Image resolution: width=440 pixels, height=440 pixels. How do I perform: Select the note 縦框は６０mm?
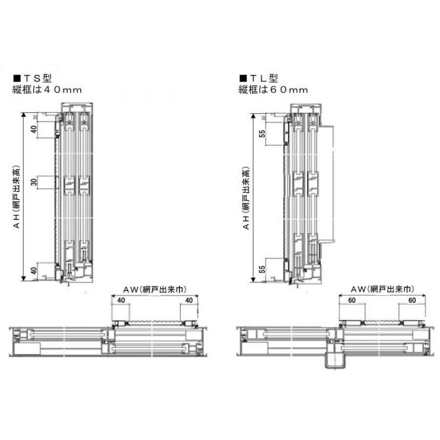[273, 89]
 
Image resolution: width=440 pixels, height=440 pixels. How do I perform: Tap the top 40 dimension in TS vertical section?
[34, 130]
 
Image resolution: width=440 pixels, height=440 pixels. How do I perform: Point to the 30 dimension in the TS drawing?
[34, 182]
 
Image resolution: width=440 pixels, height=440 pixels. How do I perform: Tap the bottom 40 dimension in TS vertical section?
[34, 270]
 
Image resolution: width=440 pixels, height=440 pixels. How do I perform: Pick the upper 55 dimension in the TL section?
[263, 133]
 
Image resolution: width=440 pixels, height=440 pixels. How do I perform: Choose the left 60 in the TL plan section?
[352, 300]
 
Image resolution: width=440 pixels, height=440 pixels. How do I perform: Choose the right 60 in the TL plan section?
[412, 300]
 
